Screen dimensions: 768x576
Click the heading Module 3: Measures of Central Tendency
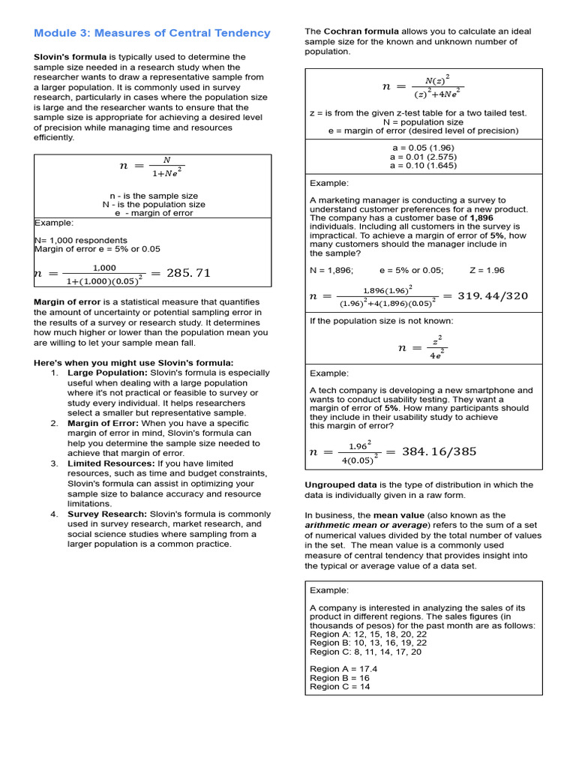(152, 33)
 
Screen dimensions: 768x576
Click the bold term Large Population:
(107, 373)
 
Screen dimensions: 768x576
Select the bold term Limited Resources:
(111, 463)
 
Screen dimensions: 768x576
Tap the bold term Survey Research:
(107, 514)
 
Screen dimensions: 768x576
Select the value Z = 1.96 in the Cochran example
(487, 270)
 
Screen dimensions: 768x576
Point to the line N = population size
(423, 121)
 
